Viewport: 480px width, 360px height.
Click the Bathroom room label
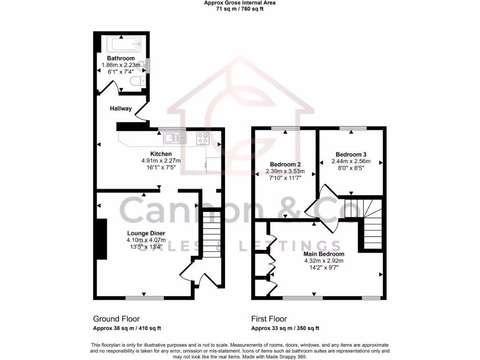pyautogui.click(x=121, y=59)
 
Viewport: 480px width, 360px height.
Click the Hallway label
pyautogui.click(x=120, y=109)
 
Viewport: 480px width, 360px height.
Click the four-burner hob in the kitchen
pyautogui.click(x=202, y=138)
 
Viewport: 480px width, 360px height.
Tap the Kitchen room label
pyautogui.click(x=161, y=154)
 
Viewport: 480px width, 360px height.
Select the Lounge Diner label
pyautogui.click(x=146, y=233)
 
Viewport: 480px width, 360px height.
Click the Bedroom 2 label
pyautogui.click(x=285, y=165)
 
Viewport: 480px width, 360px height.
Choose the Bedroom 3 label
pyautogui.click(x=351, y=155)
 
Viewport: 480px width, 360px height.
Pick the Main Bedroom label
pyautogui.click(x=324, y=254)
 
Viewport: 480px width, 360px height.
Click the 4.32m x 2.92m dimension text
pyautogui.click(x=324, y=261)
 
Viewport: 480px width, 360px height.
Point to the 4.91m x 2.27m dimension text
pyautogui.click(x=161, y=160)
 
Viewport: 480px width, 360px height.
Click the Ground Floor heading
pyautogui.click(x=116, y=319)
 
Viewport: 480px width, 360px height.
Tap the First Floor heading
pyautogui.click(x=269, y=319)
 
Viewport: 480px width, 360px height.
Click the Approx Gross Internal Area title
pyautogui.click(x=240, y=3)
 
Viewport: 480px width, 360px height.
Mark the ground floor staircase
pyautogui.click(x=212, y=234)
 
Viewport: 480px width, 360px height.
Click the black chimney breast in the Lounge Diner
pyautogui.click(x=100, y=239)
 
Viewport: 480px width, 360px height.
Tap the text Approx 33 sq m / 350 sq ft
pyautogui.click(x=285, y=328)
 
